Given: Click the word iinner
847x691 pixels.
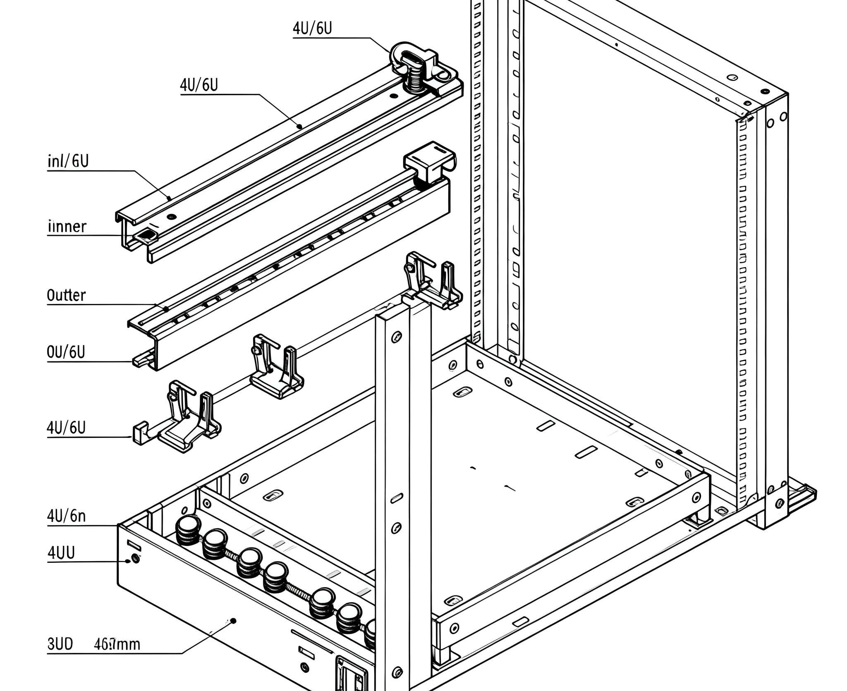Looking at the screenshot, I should click(x=67, y=226).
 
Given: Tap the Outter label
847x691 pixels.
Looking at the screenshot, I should click(x=66, y=295).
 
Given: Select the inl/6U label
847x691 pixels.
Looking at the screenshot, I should click(x=68, y=161).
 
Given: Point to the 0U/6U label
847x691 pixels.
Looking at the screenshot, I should click(x=66, y=352).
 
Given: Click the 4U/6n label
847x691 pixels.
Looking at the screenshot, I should click(x=66, y=516).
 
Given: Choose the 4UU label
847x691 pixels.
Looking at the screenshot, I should click(x=61, y=552).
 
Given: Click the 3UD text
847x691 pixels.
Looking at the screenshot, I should click(x=60, y=644).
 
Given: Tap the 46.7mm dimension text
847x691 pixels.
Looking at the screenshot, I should click(x=117, y=644).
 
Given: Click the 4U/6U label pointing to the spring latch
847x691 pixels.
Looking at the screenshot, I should click(x=312, y=28).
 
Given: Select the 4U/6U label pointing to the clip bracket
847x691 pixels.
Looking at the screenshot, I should click(x=66, y=428).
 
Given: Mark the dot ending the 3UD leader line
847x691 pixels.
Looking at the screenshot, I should click(x=233, y=620).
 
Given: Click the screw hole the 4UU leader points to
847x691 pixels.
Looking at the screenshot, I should click(x=135, y=559).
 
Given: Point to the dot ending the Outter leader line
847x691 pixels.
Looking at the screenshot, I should click(x=166, y=308).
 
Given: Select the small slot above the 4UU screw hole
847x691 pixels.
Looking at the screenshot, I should click(x=134, y=545).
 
